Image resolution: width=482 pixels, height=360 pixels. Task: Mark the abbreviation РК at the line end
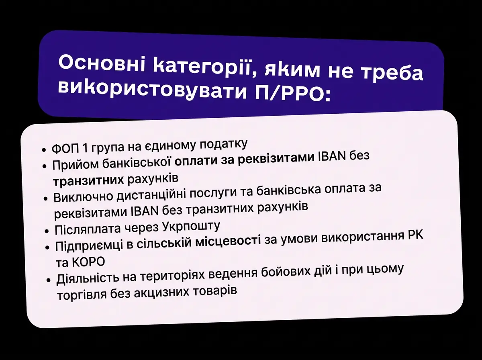click(414, 235)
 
